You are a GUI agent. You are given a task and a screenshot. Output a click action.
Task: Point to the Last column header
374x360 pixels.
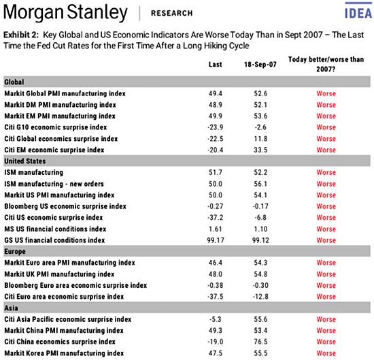(x=214, y=64)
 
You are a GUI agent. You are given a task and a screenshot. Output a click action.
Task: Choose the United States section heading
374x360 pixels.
(x=25, y=161)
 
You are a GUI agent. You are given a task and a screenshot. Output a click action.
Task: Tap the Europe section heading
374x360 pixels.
(x=16, y=251)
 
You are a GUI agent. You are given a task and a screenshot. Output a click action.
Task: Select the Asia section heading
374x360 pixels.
(x=12, y=308)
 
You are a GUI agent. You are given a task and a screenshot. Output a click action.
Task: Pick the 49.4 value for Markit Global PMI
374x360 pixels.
(x=214, y=93)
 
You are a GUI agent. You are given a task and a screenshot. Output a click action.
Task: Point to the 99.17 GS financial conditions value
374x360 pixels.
(x=214, y=240)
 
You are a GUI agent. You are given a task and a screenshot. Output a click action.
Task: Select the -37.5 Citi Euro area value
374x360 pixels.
(x=214, y=296)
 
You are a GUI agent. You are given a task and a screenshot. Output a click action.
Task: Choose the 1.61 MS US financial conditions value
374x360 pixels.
(x=214, y=229)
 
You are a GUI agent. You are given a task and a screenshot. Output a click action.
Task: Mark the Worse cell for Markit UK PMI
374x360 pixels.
(x=326, y=274)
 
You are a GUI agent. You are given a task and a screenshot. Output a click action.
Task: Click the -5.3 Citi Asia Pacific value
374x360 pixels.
(x=214, y=319)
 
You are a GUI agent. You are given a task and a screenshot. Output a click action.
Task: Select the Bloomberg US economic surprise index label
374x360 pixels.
(x=65, y=206)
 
